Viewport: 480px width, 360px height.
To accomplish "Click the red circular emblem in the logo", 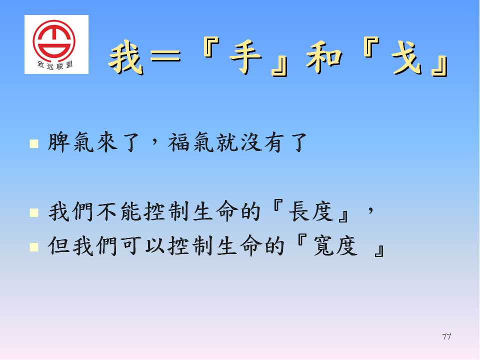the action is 54,40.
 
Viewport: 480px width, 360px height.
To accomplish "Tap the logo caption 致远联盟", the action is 55,65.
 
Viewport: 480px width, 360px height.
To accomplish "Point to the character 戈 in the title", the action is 407,57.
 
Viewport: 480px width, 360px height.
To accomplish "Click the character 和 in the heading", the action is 324,57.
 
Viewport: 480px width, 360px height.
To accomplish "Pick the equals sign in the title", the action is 166,56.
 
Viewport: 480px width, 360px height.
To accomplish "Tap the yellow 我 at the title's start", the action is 125,57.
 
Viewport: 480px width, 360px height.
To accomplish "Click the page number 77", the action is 446,336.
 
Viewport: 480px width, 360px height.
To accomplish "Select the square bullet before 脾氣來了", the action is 34,143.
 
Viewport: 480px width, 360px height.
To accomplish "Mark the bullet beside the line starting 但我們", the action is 34,247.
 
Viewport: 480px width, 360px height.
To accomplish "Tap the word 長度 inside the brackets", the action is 310,211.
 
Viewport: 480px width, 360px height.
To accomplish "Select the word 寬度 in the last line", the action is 335,246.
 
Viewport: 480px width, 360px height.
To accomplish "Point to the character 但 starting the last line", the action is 59,246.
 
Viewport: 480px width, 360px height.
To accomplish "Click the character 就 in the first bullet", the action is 227,142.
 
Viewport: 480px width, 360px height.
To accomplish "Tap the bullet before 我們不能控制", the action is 34,212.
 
